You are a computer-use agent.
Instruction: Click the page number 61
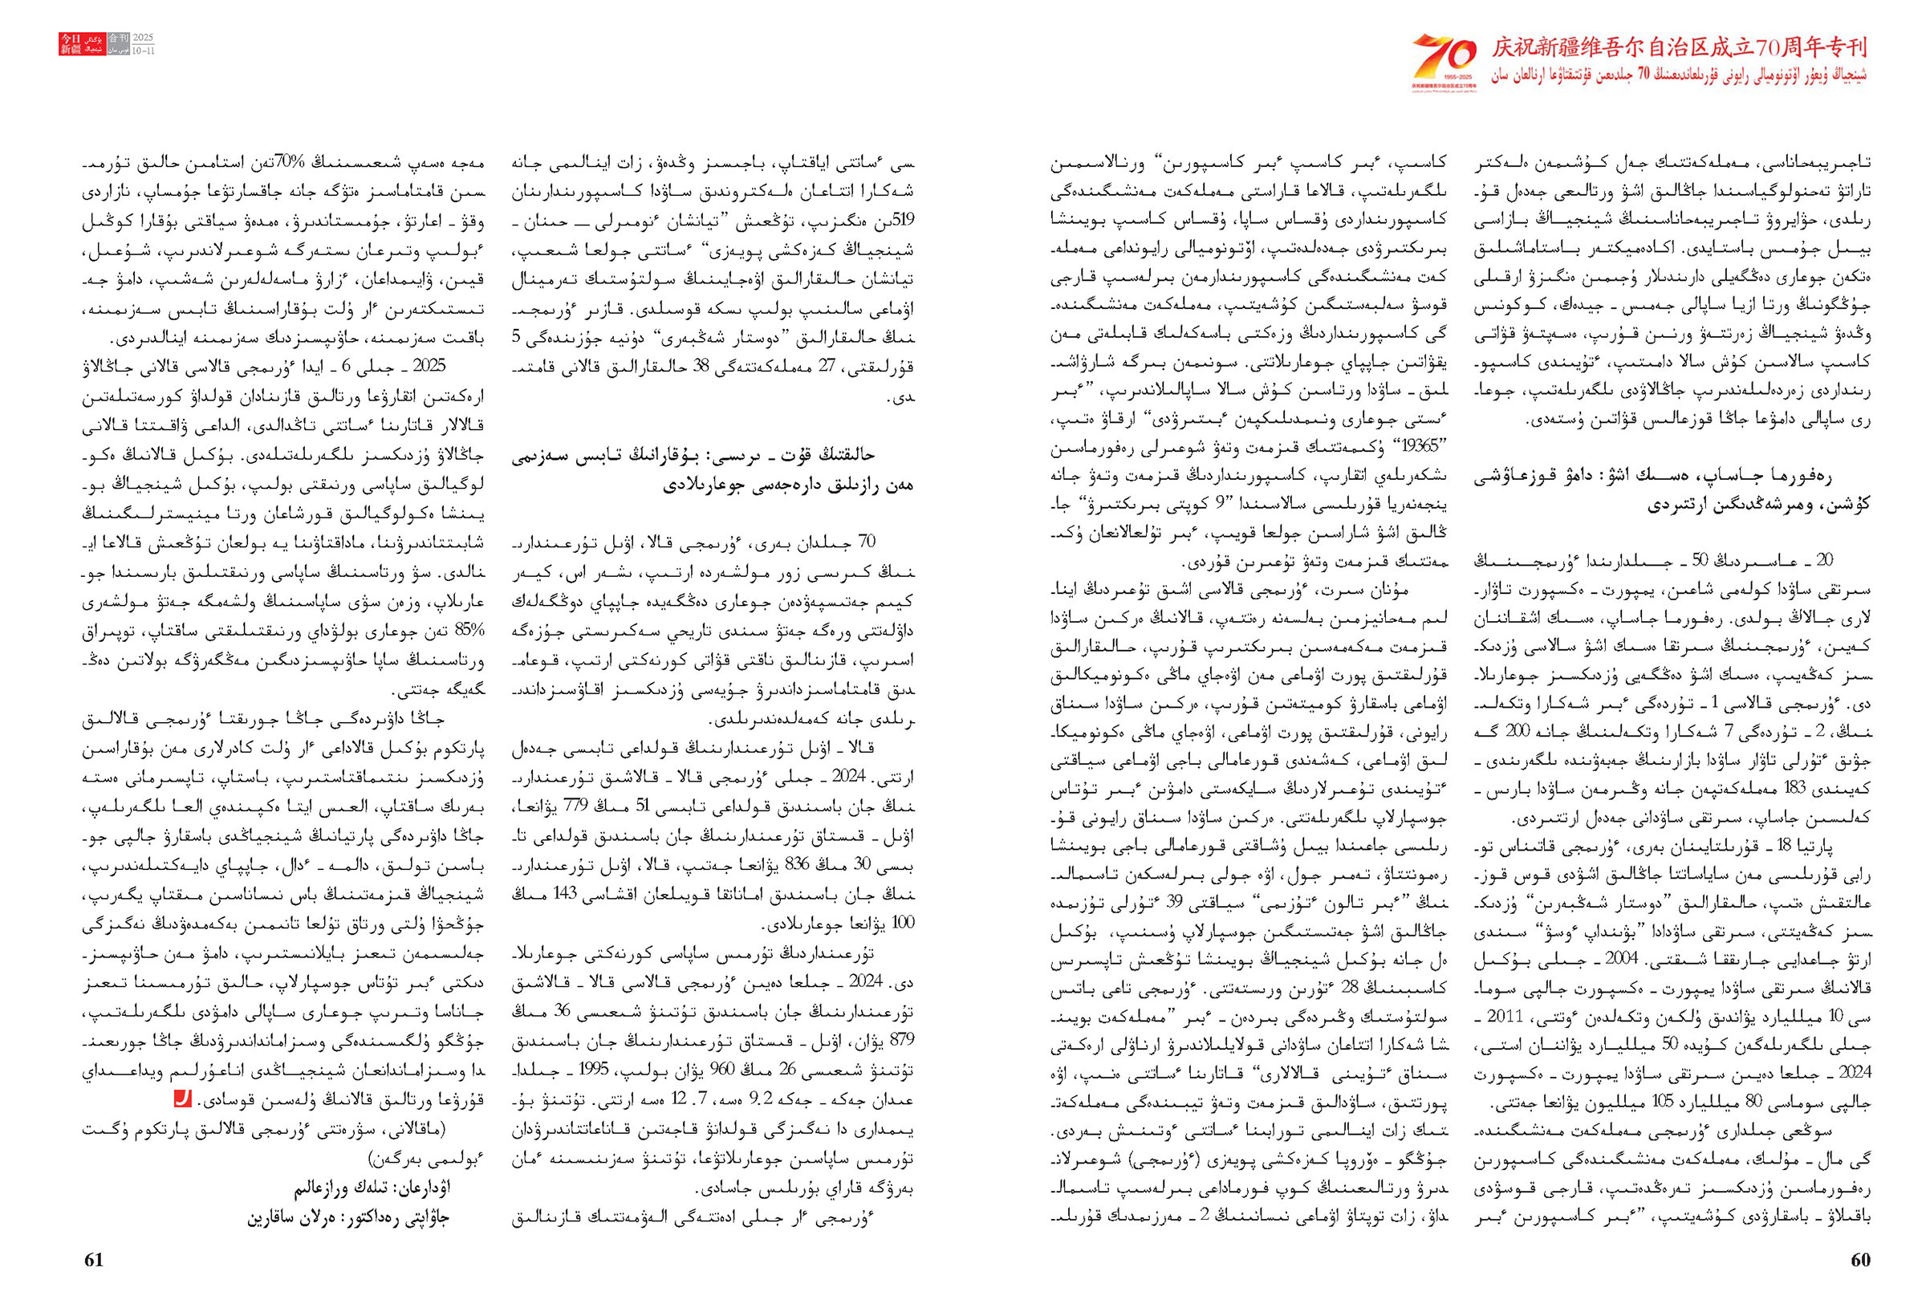click(x=95, y=1259)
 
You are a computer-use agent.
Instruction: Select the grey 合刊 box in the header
click(x=118, y=39)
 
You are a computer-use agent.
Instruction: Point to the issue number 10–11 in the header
click(x=143, y=51)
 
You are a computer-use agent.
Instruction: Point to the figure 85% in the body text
click(x=469, y=631)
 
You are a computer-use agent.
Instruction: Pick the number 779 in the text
click(x=577, y=806)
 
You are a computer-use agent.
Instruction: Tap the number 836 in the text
click(x=797, y=864)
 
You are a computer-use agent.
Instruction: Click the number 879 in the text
click(x=899, y=1040)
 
